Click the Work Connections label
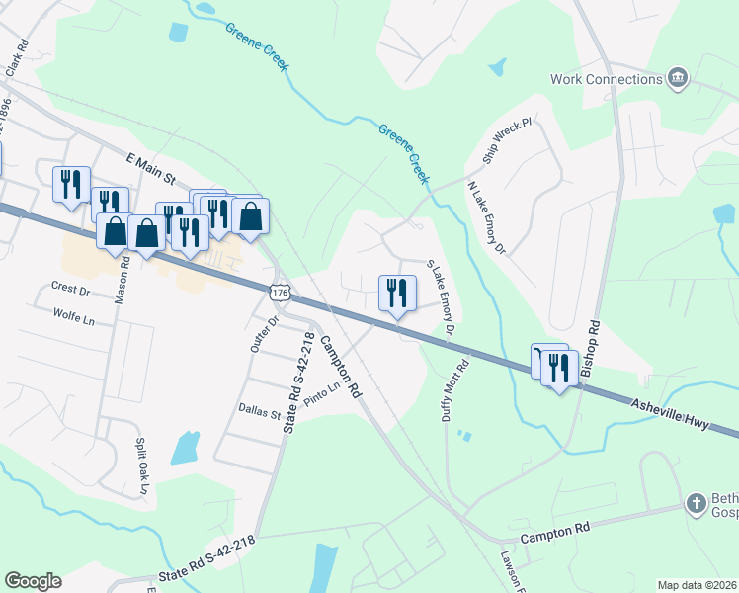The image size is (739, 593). click(607, 78)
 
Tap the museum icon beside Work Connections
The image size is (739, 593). click(678, 78)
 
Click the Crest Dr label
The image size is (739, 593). click(70, 291)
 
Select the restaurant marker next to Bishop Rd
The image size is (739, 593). click(559, 370)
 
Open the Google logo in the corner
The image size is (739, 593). click(33, 581)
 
